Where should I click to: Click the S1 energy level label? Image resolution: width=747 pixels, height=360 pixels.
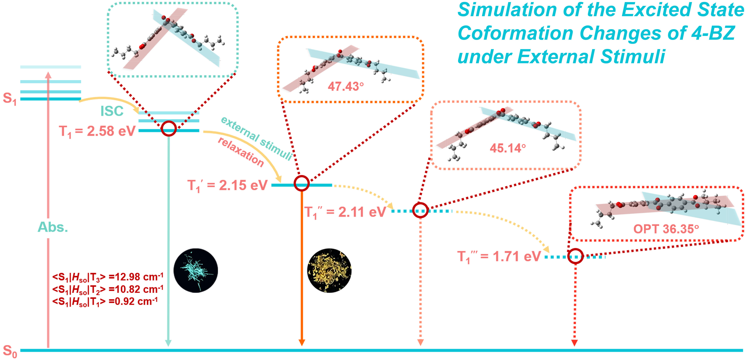coord(10,99)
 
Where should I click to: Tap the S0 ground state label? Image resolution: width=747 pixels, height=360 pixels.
coord(10,351)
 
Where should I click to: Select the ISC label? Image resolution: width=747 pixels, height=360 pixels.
coord(112,111)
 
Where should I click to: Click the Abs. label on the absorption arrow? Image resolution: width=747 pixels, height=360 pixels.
coord(53,227)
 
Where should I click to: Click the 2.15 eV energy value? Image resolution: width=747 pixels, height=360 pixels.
coord(243,185)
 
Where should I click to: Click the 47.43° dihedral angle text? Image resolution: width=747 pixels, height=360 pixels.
coord(346,86)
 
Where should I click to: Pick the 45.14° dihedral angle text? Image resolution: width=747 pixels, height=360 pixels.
coord(507,148)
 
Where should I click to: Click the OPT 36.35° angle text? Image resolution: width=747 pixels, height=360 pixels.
coord(666,229)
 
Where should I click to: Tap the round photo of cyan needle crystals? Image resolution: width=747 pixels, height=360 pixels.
coord(196,270)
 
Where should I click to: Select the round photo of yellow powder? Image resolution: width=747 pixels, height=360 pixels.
coord(329,270)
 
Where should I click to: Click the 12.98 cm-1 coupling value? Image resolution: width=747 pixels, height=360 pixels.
coord(136,277)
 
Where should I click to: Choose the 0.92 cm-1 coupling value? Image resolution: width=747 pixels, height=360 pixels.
coord(133,301)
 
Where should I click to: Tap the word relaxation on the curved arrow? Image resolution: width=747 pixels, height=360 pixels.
coord(241,152)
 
